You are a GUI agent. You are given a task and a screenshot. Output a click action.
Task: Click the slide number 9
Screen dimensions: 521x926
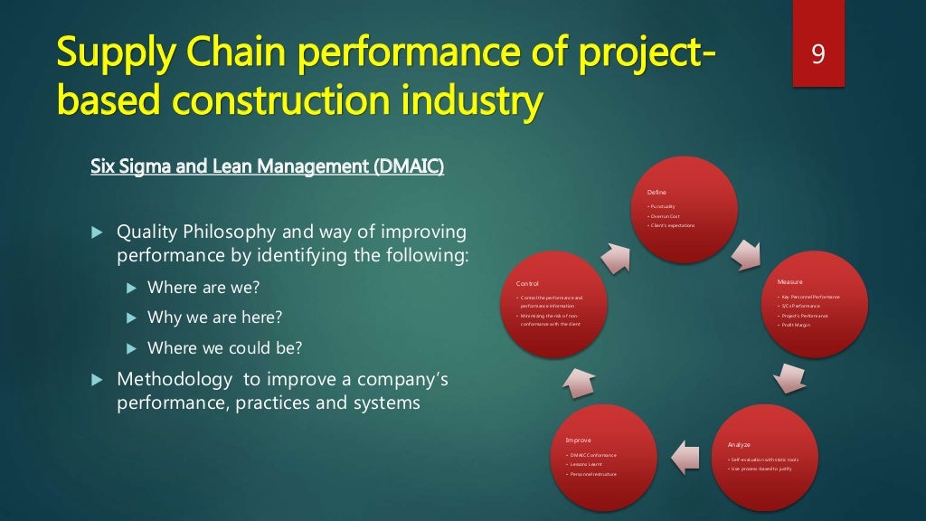(817, 55)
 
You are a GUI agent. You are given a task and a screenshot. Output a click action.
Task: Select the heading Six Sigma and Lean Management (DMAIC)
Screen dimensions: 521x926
(268, 167)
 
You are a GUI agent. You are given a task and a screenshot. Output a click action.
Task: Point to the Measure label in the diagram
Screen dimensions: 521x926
(789, 282)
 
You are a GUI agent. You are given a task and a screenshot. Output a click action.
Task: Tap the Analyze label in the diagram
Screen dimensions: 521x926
(739, 444)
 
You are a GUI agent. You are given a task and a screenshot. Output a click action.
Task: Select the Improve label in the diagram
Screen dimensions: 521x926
(578, 440)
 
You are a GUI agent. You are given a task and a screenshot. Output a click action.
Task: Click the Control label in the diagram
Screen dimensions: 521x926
(526, 283)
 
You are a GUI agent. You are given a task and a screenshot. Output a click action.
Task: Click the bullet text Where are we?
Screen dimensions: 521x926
(203, 289)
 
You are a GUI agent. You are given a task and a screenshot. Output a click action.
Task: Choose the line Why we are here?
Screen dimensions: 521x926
(214, 317)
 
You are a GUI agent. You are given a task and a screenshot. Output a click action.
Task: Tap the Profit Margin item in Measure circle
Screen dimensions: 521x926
(798, 324)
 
